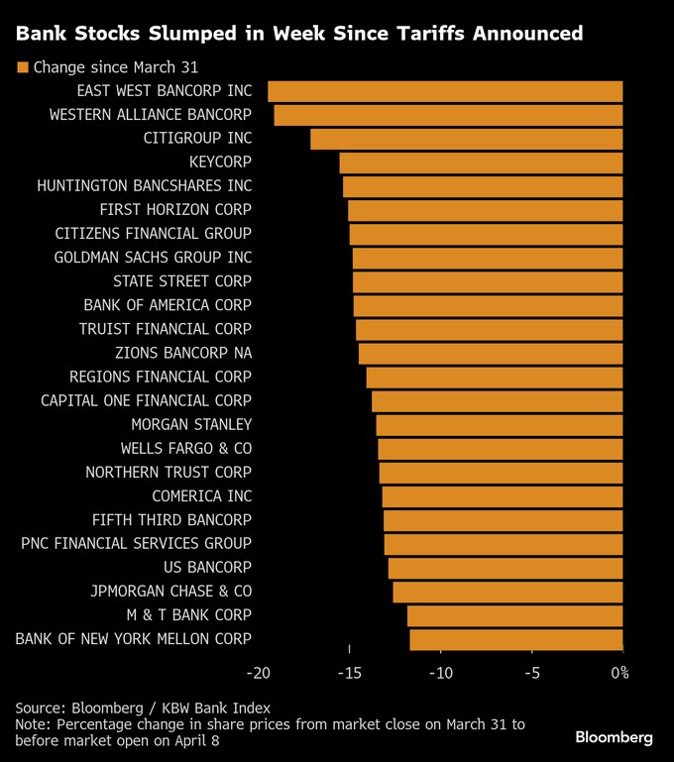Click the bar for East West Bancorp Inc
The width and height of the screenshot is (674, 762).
click(x=445, y=91)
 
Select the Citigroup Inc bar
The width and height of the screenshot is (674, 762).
click(x=466, y=139)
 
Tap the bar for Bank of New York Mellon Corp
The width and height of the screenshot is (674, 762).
click(x=515, y=639)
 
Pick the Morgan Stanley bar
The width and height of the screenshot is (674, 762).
click(x=499, y=425)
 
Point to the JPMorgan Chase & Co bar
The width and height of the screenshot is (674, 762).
click(x=507, y=592)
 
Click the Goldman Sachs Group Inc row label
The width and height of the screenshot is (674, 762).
click(x=153, y=258)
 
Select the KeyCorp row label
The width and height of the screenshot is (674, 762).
click(x=220, y=162)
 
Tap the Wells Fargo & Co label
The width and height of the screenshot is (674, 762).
click(x=186, y=449)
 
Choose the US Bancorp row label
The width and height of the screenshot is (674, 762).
click(x=207, y=568)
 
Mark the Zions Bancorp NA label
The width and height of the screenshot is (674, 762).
click(x=182, y=353)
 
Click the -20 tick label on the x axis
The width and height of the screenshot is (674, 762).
click(x=258, y=674)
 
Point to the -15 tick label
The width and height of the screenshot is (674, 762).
click(x=349, y=674)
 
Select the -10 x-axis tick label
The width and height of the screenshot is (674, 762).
click(x=440, y=674)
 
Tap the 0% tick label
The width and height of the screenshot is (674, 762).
click(x=619, y=674)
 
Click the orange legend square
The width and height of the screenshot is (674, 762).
click(x=22, y=68)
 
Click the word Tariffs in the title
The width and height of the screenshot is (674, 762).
click(x=401, y=35)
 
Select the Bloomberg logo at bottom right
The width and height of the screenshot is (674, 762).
click(x=614, y=738)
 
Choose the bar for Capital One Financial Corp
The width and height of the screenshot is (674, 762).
click(x=497, y=401)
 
